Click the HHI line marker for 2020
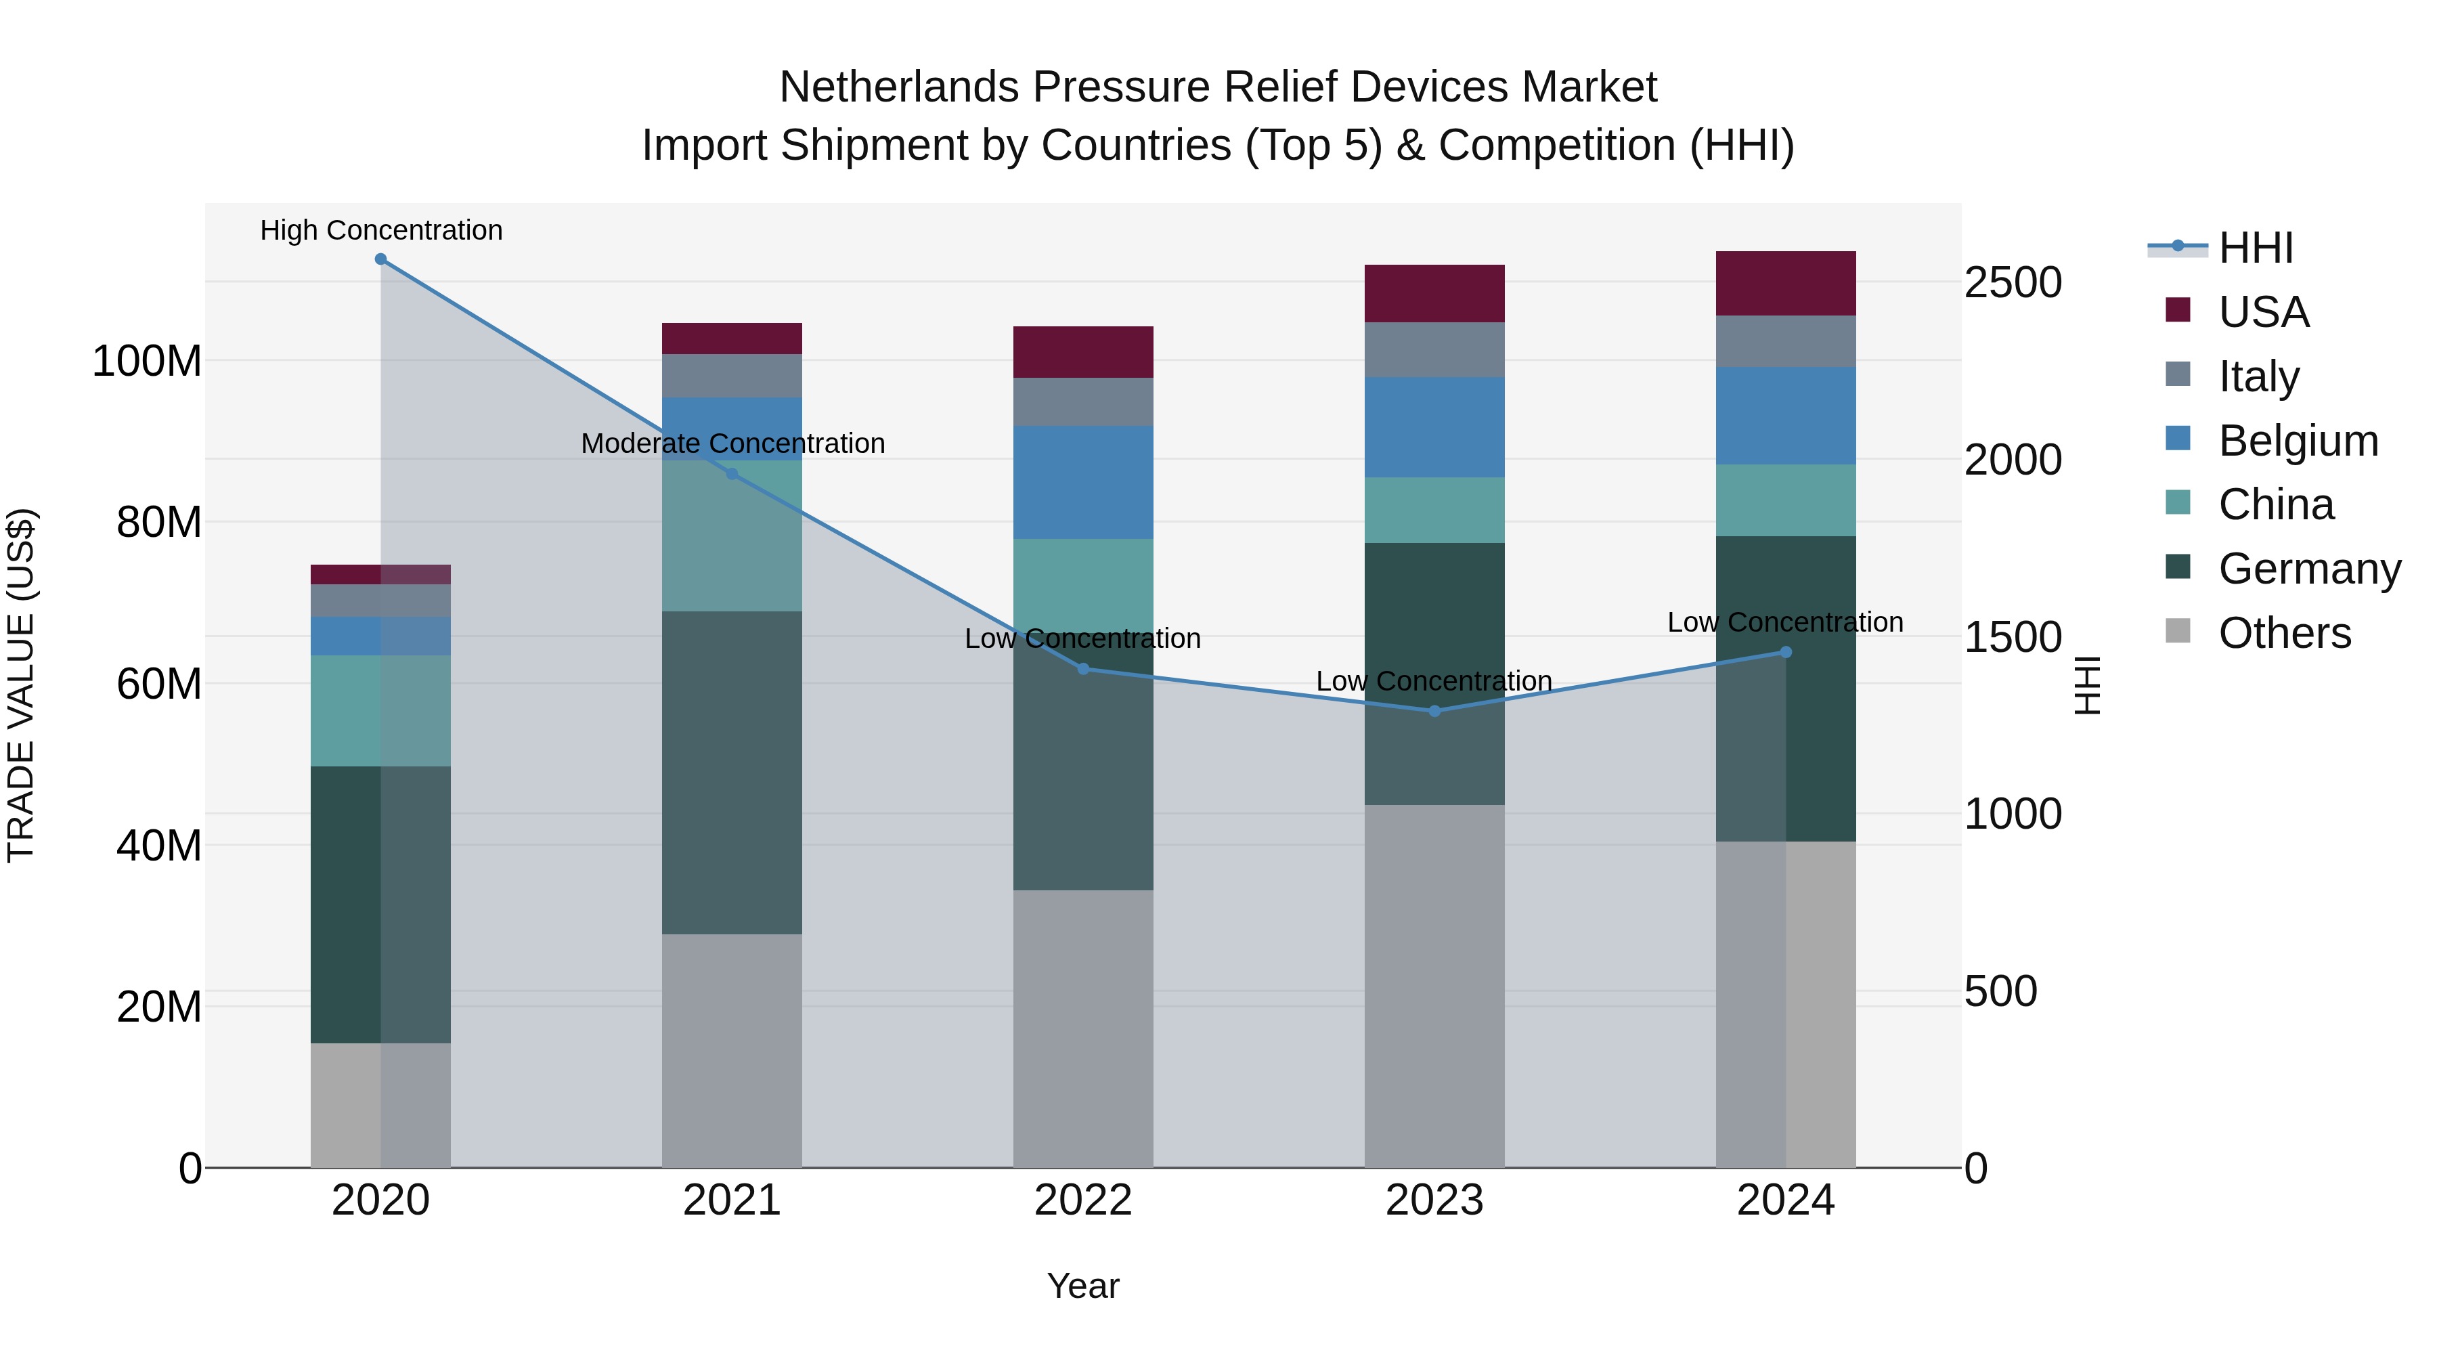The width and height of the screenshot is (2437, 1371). coord(380,259)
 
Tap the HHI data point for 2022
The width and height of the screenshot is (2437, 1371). coord(1083,669)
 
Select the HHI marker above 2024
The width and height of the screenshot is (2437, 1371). coord(1785,652)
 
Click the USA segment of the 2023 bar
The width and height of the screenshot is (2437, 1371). coord(1434,293)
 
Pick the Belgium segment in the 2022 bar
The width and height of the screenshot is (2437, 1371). coord(1083,483)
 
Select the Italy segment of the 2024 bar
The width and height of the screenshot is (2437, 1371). coord(1785,342)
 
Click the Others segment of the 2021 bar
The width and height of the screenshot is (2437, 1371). coord(731,1050)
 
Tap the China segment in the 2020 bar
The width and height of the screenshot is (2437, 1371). coord(380,711)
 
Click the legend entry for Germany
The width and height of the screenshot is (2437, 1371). coord(2309,569)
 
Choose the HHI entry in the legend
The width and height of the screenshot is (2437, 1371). coord(2256,248)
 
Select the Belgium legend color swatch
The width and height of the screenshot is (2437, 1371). coord(2178,439)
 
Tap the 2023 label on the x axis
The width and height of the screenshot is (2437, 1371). coord(1434,1200)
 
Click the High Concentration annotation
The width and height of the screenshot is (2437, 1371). coord(381,230)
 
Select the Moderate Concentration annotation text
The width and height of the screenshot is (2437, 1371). coord(732,443)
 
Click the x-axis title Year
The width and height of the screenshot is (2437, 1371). coord(1082,1286)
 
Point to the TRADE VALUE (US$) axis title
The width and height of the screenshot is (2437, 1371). coord(21,685)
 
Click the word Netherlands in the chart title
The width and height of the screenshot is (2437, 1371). coord(899,87)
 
